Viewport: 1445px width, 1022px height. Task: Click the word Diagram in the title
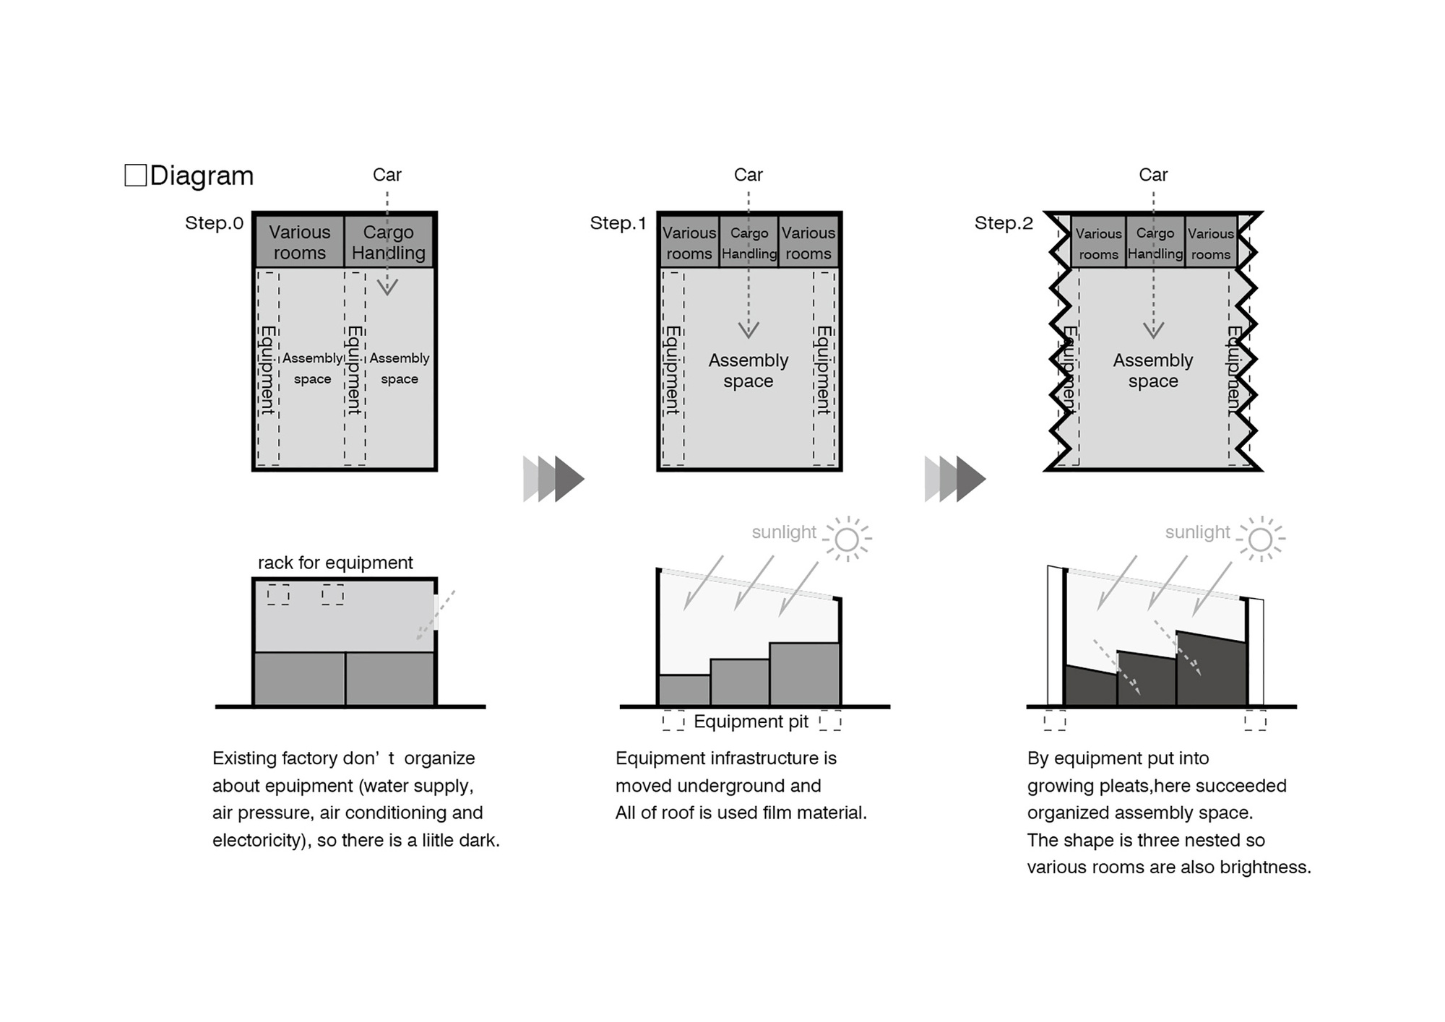point(202,176)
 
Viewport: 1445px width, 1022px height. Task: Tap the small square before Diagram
point(135,175)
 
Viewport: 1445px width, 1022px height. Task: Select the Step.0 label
point(214,223)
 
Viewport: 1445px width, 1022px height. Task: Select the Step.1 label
point(618,223)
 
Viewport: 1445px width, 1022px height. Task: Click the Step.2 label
point(1004,223)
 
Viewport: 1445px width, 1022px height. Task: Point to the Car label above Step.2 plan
point(1153,175)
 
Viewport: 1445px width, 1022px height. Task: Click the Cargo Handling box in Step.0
point(389,242)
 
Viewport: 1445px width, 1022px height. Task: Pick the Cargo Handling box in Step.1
point(749,243)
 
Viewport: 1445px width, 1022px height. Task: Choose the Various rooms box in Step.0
point(299,242)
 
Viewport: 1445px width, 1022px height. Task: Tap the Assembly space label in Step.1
point(748,371)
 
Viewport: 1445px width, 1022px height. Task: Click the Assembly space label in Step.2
point(1153,371)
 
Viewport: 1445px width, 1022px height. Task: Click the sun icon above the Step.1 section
point(847,539)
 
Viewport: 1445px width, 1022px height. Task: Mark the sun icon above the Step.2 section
point(1260,539)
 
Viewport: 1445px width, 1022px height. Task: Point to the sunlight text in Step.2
point(1197,532)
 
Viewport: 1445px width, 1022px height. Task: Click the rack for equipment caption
point(335,563)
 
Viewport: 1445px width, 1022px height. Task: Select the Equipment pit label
point(751,722)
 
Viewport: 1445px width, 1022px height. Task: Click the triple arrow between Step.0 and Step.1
point(553,478)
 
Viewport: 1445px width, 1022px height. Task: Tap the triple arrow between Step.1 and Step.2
point(955,478)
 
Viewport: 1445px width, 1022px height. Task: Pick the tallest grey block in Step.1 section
point(804,673)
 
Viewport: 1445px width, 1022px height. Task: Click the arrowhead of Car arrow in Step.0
point(387,288)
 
